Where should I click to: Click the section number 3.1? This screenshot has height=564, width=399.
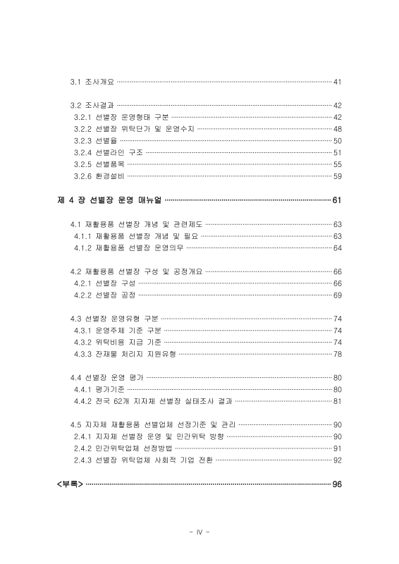tap(75, 82)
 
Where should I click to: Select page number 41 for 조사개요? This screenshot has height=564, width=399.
tap(337, 82)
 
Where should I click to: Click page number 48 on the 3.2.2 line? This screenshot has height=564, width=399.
tap(337, 128)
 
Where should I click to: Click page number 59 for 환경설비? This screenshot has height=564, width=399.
tap(337, 176)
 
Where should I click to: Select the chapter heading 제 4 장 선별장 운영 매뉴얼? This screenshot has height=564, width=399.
tap(109, 200)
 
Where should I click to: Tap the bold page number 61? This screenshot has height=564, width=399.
tap(337, 200)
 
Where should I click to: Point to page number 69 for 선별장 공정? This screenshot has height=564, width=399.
tap(337, 295)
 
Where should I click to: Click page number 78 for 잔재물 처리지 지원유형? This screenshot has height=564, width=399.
tap(337, 354)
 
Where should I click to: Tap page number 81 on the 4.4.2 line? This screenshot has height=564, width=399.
tap(337, 402)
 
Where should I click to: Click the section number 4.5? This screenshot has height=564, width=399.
tap(75, 425)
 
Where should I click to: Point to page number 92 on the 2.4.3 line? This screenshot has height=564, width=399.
tap(337, 460)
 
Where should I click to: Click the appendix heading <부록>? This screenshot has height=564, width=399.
tap(70, 484)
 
